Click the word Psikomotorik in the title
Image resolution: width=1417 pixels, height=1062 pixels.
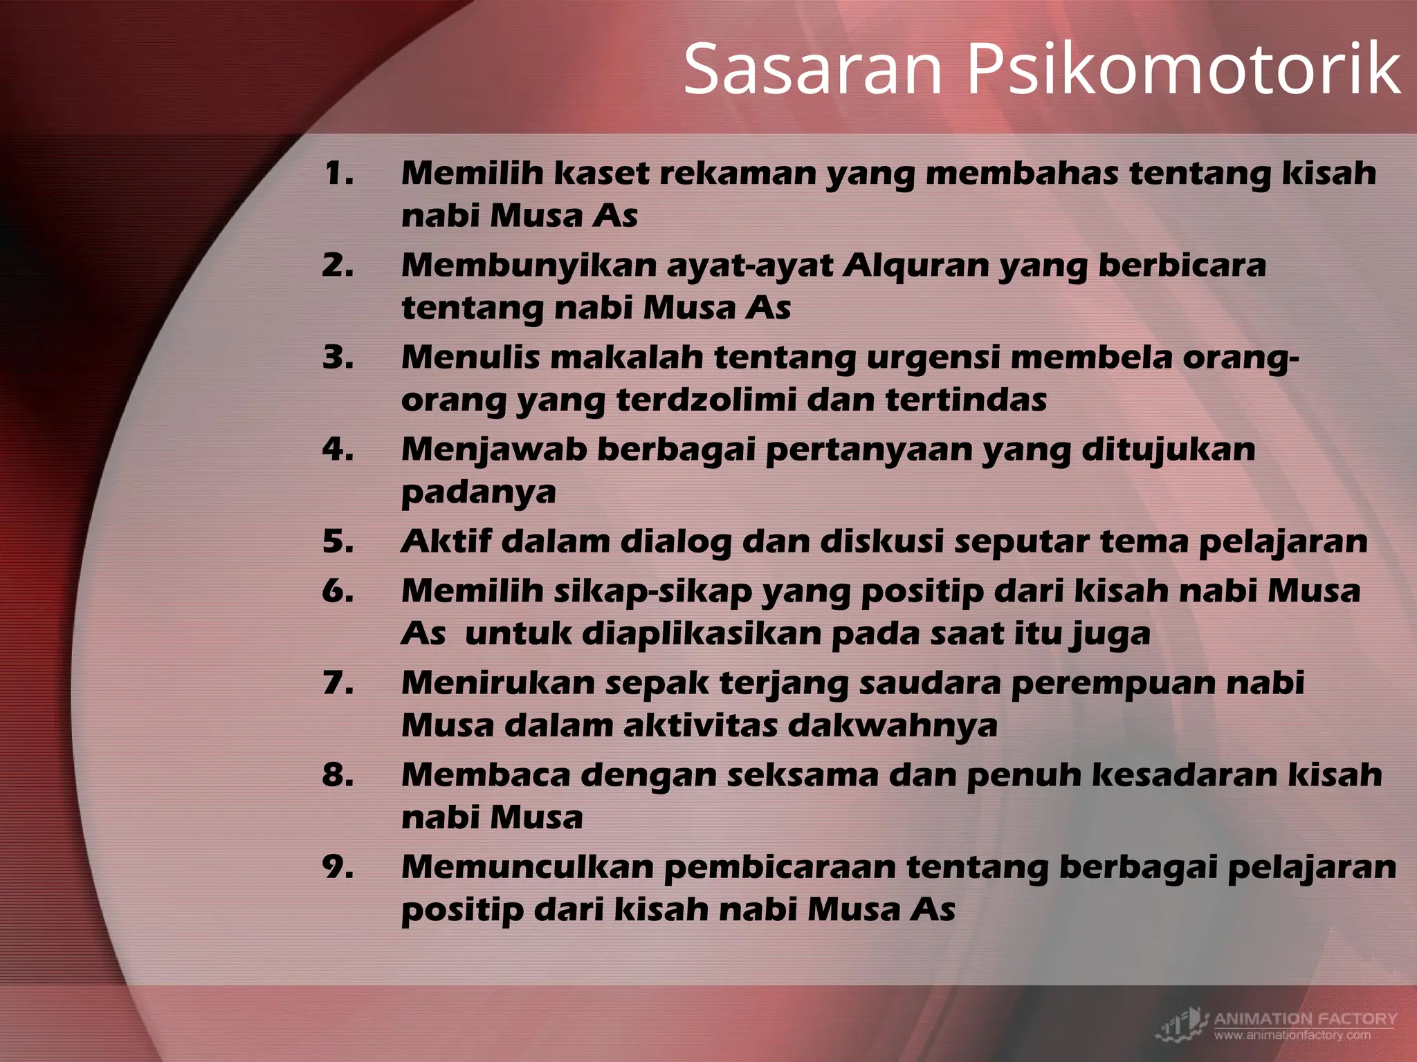[1183, 69]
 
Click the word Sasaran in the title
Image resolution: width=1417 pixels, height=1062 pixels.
[813, 69]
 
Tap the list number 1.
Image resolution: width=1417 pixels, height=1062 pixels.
[338, 173]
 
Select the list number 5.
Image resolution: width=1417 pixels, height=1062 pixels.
[338, 541]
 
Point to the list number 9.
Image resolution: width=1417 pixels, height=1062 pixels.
[338, 867]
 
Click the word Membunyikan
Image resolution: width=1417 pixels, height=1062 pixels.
[529, 265]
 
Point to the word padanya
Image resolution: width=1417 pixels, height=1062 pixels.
[478, 492]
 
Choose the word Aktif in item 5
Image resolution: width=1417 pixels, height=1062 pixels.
[446, 541]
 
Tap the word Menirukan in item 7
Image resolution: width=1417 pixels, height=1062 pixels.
[498, 683]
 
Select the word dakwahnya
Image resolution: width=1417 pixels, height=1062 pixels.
[893, 725]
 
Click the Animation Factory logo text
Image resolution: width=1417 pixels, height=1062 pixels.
[1305, 1018]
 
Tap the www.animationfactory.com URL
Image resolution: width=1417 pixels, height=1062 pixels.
[1292, 1035]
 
